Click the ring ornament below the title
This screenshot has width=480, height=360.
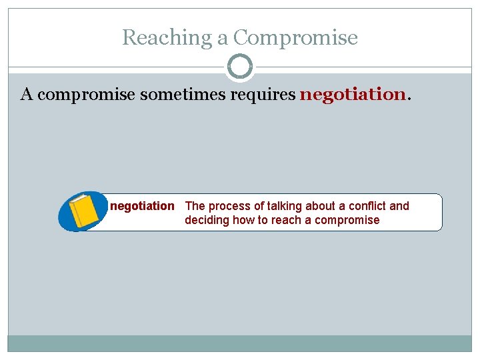pyautogui.click(x=240, y=67)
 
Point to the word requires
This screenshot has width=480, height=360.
pyautogui.click(x=262, y=95)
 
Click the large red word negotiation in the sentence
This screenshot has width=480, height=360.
pyautogui.click(x=353, y=95)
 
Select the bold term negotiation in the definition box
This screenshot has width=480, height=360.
pyautogui.click(x=142, y=206)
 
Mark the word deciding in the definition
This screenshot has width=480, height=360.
pyautogui.click(x=207, y=220)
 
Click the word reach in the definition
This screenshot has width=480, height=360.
pyautogui.click(x=285, y=220)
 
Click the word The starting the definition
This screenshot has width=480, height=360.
pyautogui.click(x=195, y=206)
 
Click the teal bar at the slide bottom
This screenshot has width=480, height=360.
pyautogui.click(x=240, y=343)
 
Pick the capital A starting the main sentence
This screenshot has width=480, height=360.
pyautogui.click(x=27, y=95)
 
